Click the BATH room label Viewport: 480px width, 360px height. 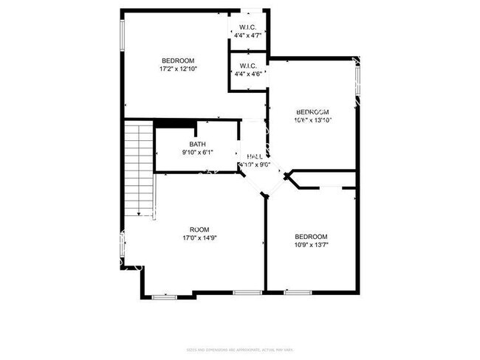coord(197,144)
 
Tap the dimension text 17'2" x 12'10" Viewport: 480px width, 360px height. coord(178,69)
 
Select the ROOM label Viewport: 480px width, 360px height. coord(199,229)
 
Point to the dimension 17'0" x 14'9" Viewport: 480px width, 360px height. coord(199,238)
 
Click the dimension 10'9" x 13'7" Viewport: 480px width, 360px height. coord(311,245)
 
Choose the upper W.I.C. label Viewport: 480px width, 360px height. coord(248,27)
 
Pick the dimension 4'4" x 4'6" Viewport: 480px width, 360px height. coord(248,74)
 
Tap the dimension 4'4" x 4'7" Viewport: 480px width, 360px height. coord(248,35)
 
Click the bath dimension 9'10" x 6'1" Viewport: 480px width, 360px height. coord(197,153)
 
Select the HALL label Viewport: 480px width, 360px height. coord(255,156)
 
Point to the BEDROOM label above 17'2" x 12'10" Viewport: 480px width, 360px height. coord(178,60)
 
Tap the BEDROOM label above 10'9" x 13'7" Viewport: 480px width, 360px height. coord(311,236)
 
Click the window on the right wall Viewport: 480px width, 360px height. coord(358,86)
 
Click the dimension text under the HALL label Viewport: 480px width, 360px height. coord(255,165)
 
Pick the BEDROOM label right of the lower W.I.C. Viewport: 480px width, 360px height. coord(312,112)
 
